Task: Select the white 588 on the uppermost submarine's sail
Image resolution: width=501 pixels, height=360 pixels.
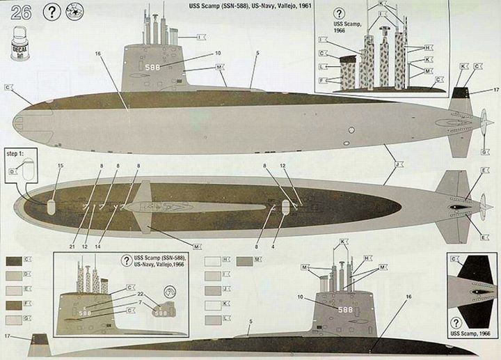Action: click(156, 67)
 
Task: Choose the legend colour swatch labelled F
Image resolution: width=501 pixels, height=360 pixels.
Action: click(13, 304)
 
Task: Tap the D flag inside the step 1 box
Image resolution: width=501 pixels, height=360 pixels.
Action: click(13, 171)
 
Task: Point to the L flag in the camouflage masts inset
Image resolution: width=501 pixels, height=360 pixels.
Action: click(324, 66)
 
